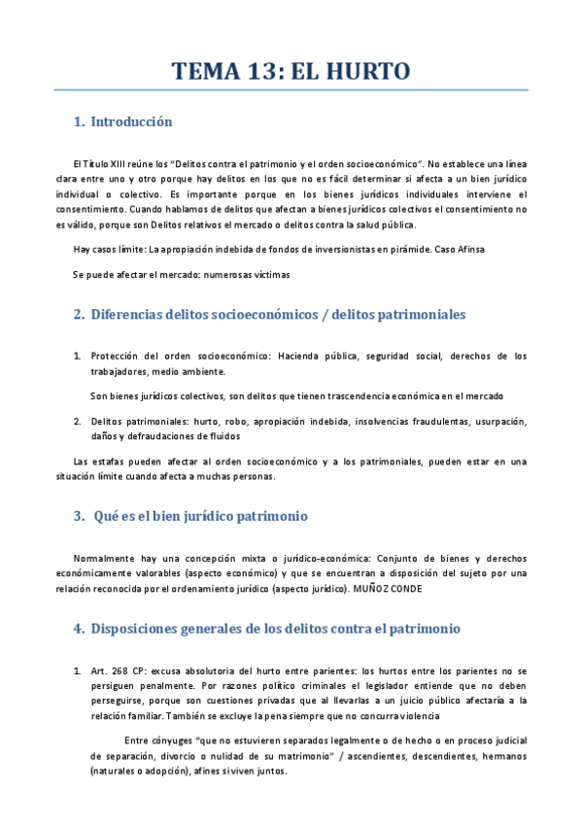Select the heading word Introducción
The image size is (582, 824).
point(131,122)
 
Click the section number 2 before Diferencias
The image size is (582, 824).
point(78,315)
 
